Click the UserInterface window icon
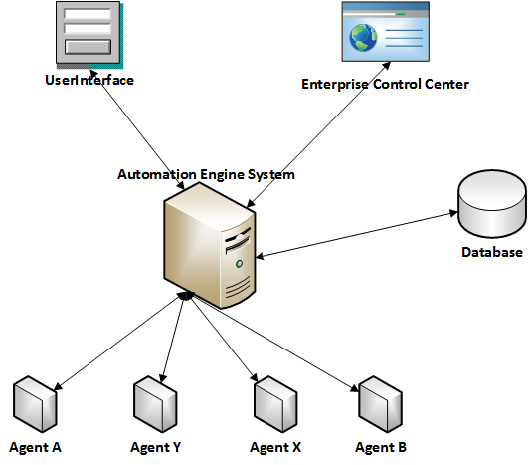[x=89, y=34]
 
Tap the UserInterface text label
[x=89, y=81]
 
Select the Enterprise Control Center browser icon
[x=386, y=32]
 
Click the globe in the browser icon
[x=363, y=38]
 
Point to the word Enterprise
[x=334, y=84]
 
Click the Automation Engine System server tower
[x=210, y=245]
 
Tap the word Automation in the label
[x=157, y=174]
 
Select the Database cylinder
[x=492, y=204]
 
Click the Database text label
[x=492, y=252]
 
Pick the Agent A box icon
[x=35, y=404]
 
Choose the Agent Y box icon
[x=155, y=404]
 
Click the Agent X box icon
[x=275, y=404]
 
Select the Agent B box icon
[x=380, y=404]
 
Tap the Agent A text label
[x=35, y=447]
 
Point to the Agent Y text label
[x=156, y=447]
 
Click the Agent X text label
[x=275, y=447]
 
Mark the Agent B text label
[x=381, y=447]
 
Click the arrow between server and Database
[x=357, y=235]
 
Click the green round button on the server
[x=239, y=264]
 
